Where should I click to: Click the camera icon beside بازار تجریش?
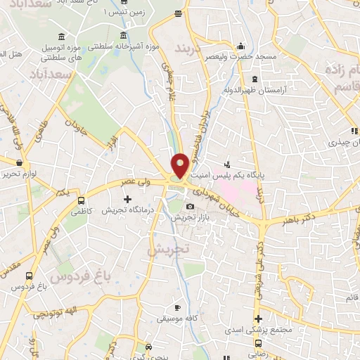point(191,207)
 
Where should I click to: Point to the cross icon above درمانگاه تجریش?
point(127,199)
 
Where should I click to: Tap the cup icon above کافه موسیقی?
point(178,308)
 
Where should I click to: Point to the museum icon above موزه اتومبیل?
point(63,36)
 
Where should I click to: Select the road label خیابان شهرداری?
point(209,195)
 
